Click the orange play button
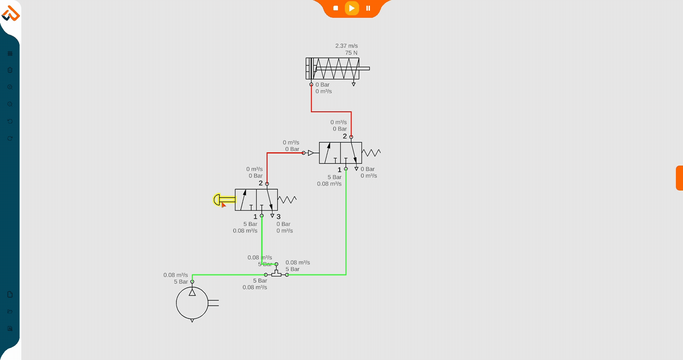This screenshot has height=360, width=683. [x=351, y=8]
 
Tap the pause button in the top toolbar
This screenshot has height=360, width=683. [x=368, y=8]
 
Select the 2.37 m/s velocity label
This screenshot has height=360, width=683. [x=346, y=46]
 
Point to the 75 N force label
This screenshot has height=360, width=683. [x=351, y=53]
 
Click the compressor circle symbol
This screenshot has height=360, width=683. [x=192, y=303]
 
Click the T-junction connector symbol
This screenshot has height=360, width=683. [x=276, y=274]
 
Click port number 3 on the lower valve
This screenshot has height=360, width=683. [x=279, y=217]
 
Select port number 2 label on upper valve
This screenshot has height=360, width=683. [x=345, y=136]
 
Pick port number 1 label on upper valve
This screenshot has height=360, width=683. [x=339, y=170]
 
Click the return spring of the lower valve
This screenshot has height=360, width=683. [x=287, y=200]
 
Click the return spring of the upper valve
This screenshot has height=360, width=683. [x=371, y=153]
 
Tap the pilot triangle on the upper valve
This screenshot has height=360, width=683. [x=311, y=153]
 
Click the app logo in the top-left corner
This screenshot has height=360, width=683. [x=10, y=14]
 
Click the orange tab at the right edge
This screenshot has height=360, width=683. [x=679, y=178]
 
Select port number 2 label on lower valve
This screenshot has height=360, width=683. [x=261, y=183]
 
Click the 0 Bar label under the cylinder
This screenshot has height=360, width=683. [x=322, y=85]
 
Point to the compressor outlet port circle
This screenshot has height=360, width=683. [x=192, y=282]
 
